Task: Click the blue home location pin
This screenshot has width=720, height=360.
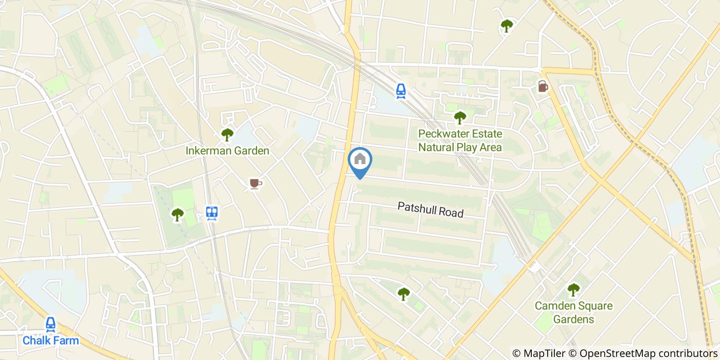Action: [x=360, y=160]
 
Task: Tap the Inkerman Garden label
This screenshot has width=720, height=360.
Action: [x=227, y=151]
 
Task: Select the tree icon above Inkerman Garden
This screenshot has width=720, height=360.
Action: [x=227, y=135]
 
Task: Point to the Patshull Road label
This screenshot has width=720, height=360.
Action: [x=430, y=209]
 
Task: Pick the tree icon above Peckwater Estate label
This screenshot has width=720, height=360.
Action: [x=459, y=118]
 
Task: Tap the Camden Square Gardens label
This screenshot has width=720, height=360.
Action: [x=573, y=313]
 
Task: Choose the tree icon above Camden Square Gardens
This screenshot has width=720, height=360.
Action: [x=573, y=290]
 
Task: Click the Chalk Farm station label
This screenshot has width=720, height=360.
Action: [x=50, y=340]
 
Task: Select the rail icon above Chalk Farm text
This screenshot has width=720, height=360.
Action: [x=50, y=324]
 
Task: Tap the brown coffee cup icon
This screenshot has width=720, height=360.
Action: [x=255, y=183]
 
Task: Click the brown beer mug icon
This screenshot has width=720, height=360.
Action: [x=543, y=86]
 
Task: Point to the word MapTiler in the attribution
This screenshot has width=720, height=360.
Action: [x=551, y=353]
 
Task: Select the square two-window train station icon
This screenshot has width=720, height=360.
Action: [x=211, y=212]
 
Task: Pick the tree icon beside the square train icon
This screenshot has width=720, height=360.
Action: [x=177, y=214]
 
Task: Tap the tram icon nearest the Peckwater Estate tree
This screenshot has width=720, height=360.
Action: [x=401, y=91]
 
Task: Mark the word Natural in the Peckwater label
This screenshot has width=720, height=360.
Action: [x=436, y=148]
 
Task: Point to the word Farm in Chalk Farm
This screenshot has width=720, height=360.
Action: [x=67, y=340]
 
